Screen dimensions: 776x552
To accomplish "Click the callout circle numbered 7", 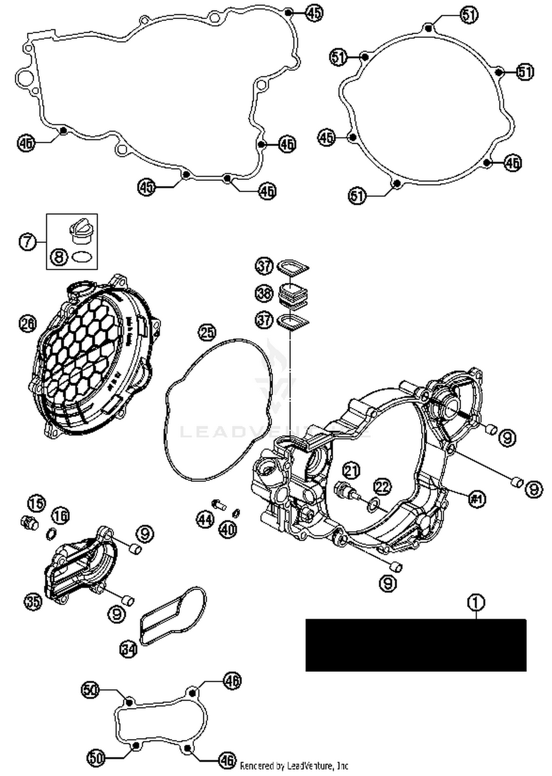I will pos(28,242).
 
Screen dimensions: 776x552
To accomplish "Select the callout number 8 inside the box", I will pos(60,256).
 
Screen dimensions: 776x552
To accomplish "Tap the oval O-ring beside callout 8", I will pos(81,256).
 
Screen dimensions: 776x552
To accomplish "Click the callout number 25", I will pos(207,332).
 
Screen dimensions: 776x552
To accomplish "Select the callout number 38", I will pos(264,293).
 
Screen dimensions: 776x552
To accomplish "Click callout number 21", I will pos(351,470).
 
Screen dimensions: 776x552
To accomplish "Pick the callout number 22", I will pos(383,487).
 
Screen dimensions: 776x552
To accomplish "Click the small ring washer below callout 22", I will pos(373,505).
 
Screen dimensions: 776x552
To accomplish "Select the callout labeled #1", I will pos(477,499).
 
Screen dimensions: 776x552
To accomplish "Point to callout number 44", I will pos(205,520).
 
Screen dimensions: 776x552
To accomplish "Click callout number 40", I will pos(228,529).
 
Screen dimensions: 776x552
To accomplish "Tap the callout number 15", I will pos(37,503).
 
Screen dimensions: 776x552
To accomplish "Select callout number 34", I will pos(128,649).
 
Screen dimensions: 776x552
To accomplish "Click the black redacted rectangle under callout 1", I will pos(416,645).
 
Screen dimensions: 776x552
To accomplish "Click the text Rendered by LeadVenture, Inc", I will pos(294,766).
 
